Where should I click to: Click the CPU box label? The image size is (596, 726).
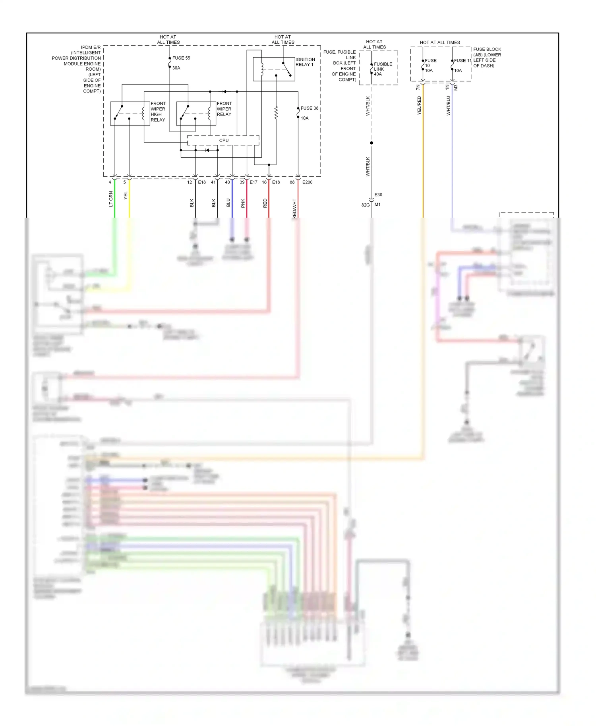[224, 141]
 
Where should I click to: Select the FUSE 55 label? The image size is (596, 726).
[181, 58]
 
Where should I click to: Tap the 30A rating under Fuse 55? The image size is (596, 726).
[176, 68]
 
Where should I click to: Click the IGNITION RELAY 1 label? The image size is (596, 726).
[305, 62]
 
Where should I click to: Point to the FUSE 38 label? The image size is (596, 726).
[309, 108]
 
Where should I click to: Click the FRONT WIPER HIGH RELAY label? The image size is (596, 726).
[158, 112]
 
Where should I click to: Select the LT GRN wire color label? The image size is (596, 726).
[111, 199]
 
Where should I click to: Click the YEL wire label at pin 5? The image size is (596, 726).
[126, 195]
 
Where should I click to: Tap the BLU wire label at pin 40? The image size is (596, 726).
[228, 203]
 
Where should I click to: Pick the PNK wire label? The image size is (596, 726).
[243, 203]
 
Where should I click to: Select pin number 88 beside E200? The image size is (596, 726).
[292, 182]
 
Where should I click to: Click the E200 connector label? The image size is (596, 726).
[307, 182]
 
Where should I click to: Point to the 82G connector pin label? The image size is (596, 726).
[365, 205]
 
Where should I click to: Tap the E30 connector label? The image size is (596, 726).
[378, 195]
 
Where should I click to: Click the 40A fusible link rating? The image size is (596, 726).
[377, 74]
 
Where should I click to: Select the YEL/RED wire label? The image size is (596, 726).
[419, 105]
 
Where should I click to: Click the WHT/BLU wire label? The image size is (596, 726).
[448, 105]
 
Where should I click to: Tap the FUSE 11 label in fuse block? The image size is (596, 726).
[462, 61]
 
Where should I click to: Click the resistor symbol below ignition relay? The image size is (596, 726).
[276, 113]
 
